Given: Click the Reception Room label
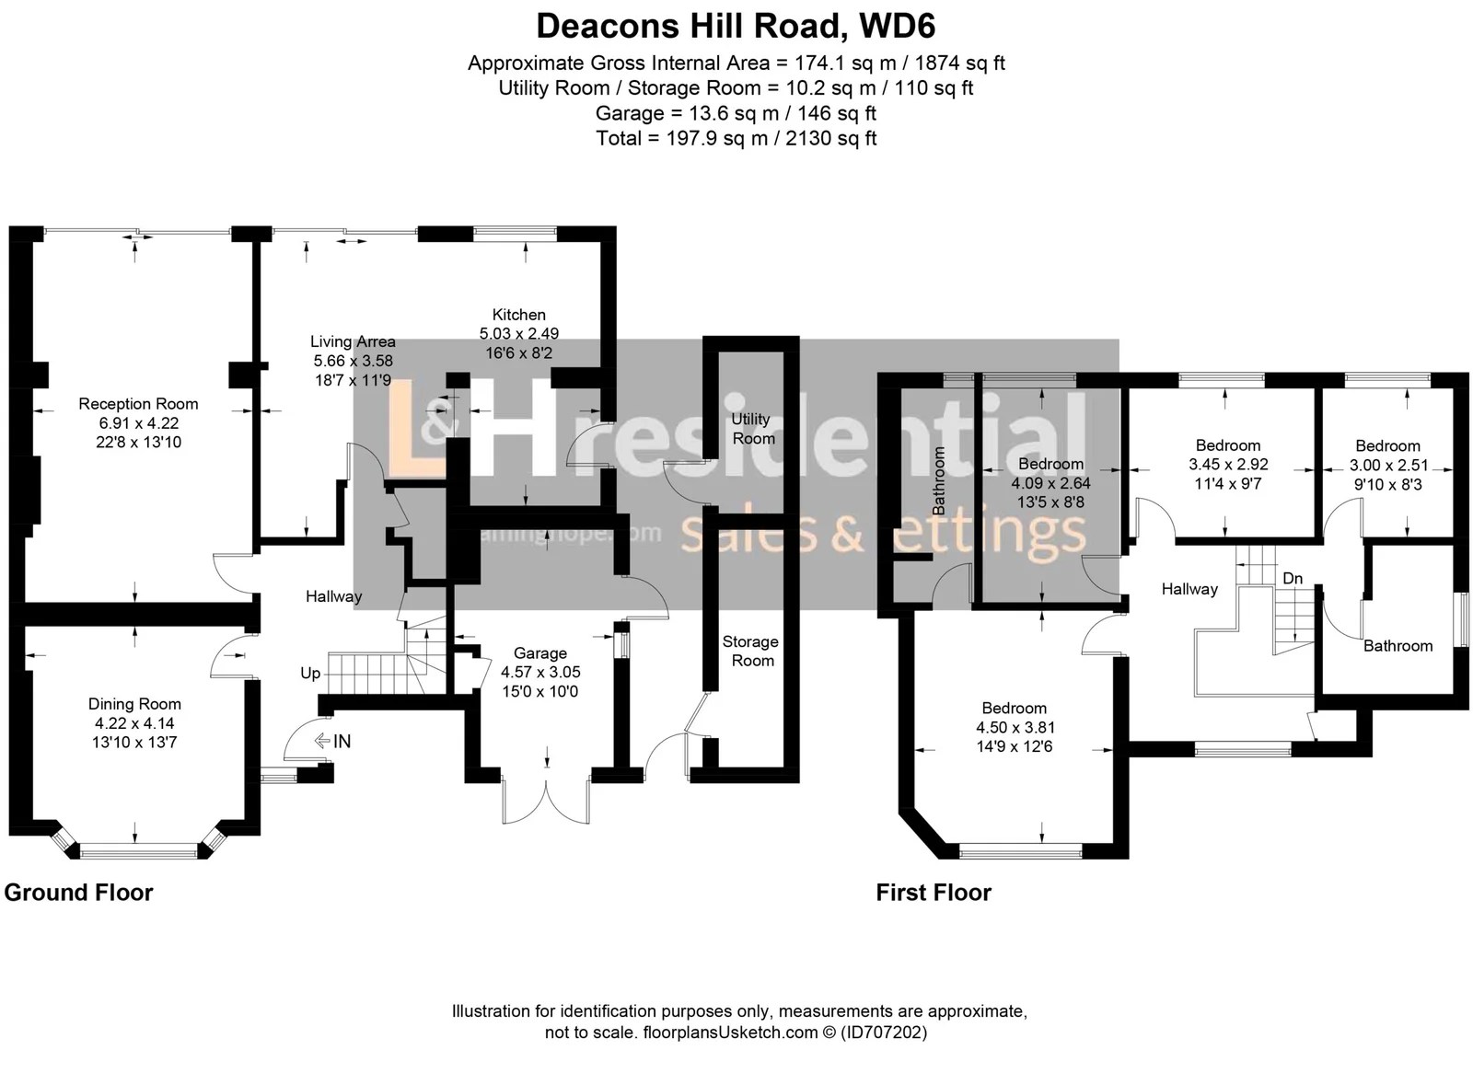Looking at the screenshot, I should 138,404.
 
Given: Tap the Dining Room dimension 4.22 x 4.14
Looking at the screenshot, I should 134,723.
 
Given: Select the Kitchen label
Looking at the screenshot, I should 518,315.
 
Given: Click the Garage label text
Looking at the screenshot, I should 539,653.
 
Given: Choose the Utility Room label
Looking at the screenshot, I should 752,429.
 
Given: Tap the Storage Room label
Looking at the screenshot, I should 750,651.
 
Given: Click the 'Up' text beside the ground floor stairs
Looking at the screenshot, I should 310,674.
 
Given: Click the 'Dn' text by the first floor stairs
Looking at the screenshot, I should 1293,579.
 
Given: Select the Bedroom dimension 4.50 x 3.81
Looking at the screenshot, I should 1015,727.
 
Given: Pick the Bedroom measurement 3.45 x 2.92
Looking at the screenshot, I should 1228,465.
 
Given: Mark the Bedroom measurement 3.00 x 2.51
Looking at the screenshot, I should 1387,465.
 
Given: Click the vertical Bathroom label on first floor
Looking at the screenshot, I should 939,480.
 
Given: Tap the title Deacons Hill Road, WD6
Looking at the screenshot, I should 736,26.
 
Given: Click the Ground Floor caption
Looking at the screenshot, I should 79,893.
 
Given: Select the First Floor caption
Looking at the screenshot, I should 934,893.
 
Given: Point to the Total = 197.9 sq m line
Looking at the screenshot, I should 736,138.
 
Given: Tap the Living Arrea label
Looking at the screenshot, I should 353,341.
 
